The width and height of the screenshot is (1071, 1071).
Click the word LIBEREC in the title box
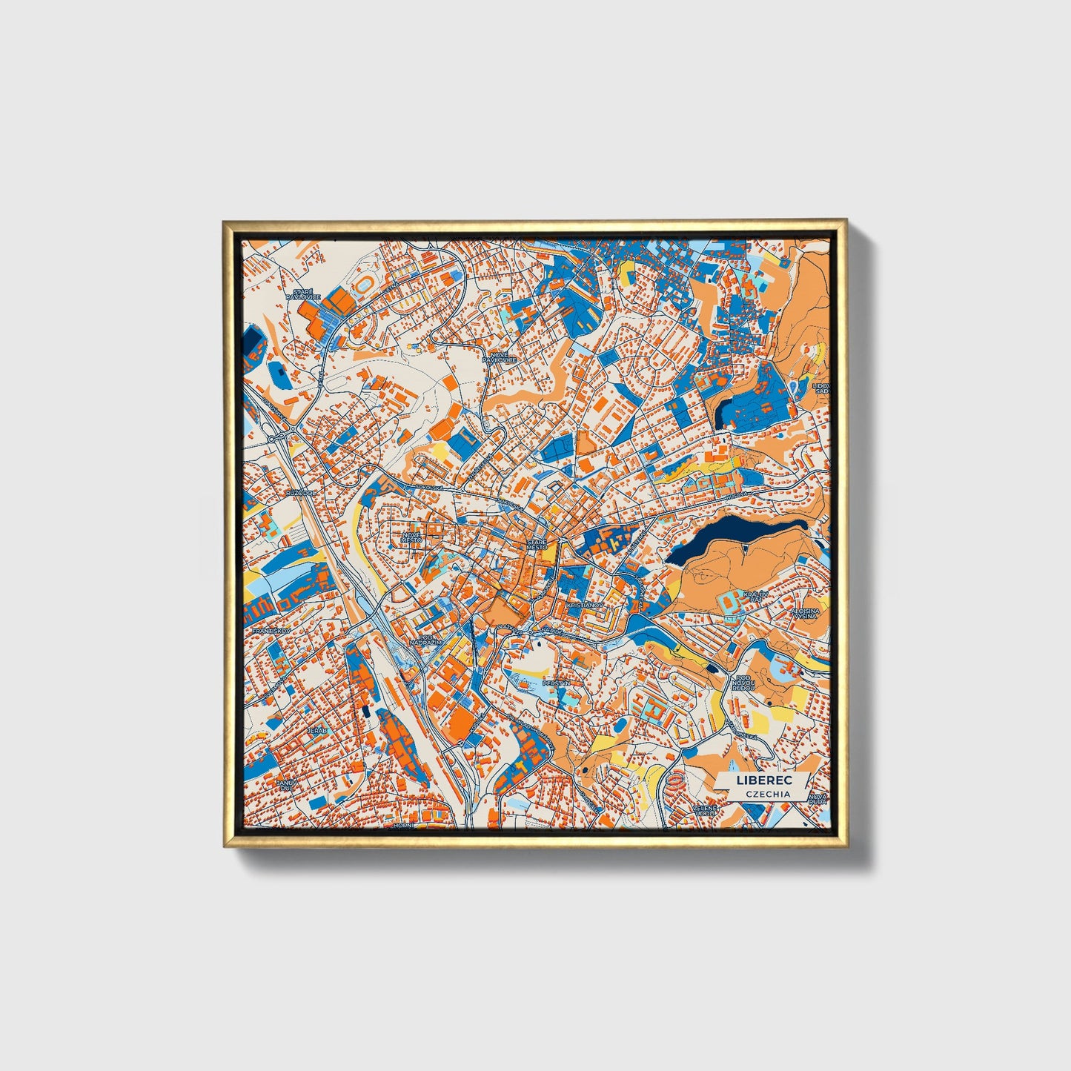pyautogui.click(x=763, y=780)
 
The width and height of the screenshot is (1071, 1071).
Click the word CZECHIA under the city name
pyautogui.click(x=768, y=794)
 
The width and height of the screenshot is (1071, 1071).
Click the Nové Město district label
pyautogui.click(x=411, y=537)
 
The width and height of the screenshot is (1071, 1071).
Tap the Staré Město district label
pyautogui.click(x=537, y=545)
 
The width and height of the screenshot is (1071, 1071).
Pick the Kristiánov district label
pyautogui.click(x=586, y=606)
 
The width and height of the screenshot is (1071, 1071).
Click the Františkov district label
pyautogui.click(x=268, y=631)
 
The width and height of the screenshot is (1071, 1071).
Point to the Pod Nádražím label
pyautogui.click(x=430, y=640)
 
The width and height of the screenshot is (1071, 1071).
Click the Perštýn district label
pyautogui.click(x=555, y=683)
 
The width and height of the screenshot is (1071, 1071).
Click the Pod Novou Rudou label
pyautogui.click(x=743, y=683)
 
